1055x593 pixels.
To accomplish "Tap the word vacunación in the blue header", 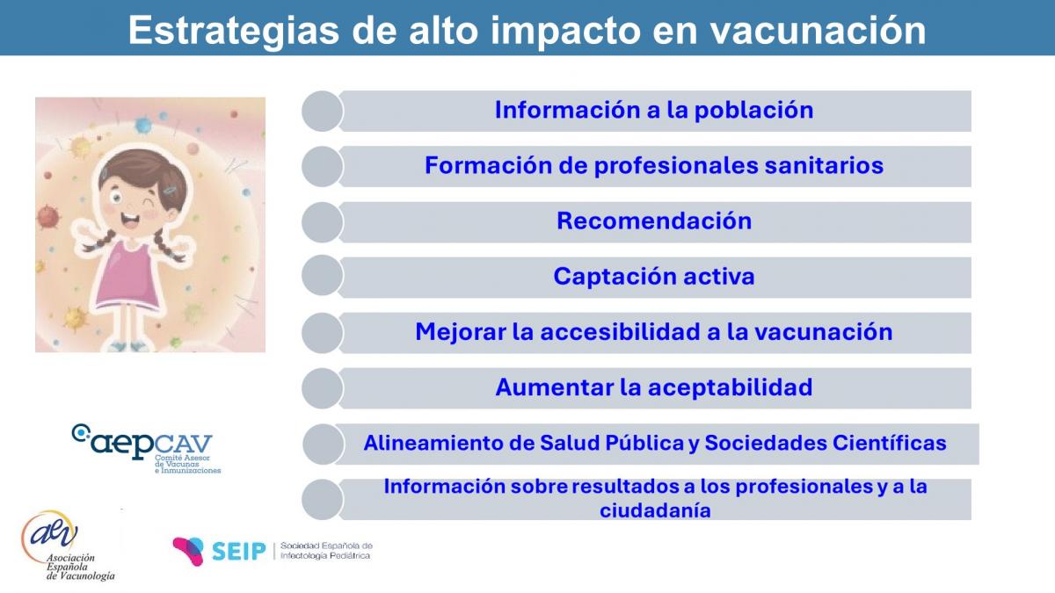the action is [x=819, y=31].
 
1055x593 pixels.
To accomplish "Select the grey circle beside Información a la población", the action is [x=322, y=111].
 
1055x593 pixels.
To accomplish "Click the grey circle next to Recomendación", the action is [x=322, y=222].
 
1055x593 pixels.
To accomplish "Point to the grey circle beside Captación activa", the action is [x=322, y=276].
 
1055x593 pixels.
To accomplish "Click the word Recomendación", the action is [x=654, y=221].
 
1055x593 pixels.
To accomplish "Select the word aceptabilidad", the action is [x=730, y=387].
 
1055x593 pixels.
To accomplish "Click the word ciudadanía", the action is [x=655, y=510].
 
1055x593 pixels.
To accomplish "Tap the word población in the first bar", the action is [x=753, y=111].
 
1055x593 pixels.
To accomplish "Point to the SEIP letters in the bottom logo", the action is [x=239, y=551].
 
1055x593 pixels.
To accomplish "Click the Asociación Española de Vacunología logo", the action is [x=68, y=546].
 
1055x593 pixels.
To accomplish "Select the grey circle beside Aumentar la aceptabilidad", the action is [x=322, y=388].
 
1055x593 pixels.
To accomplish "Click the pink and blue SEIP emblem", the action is [x=188, y=550].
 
